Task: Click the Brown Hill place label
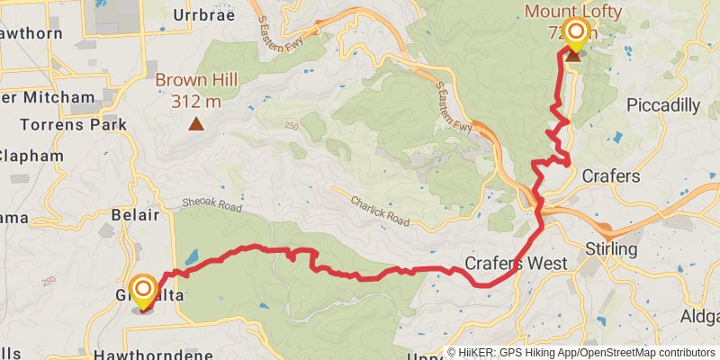[196, 80]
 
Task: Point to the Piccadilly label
[662, 105]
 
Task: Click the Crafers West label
[516, 264]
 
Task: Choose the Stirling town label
[611, 248]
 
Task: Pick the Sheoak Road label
[212, 206]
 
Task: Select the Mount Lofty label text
[573, 13]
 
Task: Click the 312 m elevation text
[196, 100]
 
